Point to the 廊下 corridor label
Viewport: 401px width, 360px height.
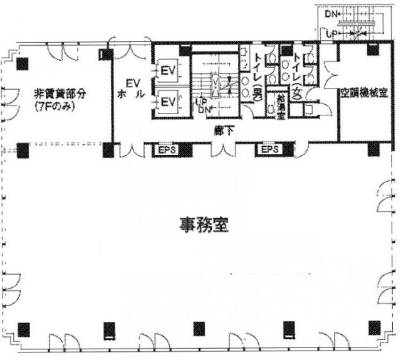click(219, 132)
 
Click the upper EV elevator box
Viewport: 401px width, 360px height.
click(167, 70)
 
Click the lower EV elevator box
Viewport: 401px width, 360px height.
click(167, 102)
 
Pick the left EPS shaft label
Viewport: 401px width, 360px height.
click(165, 151)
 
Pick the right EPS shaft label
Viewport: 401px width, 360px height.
click(268, 151)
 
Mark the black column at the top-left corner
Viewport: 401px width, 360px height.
click(23, 63)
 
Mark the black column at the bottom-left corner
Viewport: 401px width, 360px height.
click(23, 327)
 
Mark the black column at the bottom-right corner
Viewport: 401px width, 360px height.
click(374, 327)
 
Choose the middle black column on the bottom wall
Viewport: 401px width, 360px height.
click(199, 327)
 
